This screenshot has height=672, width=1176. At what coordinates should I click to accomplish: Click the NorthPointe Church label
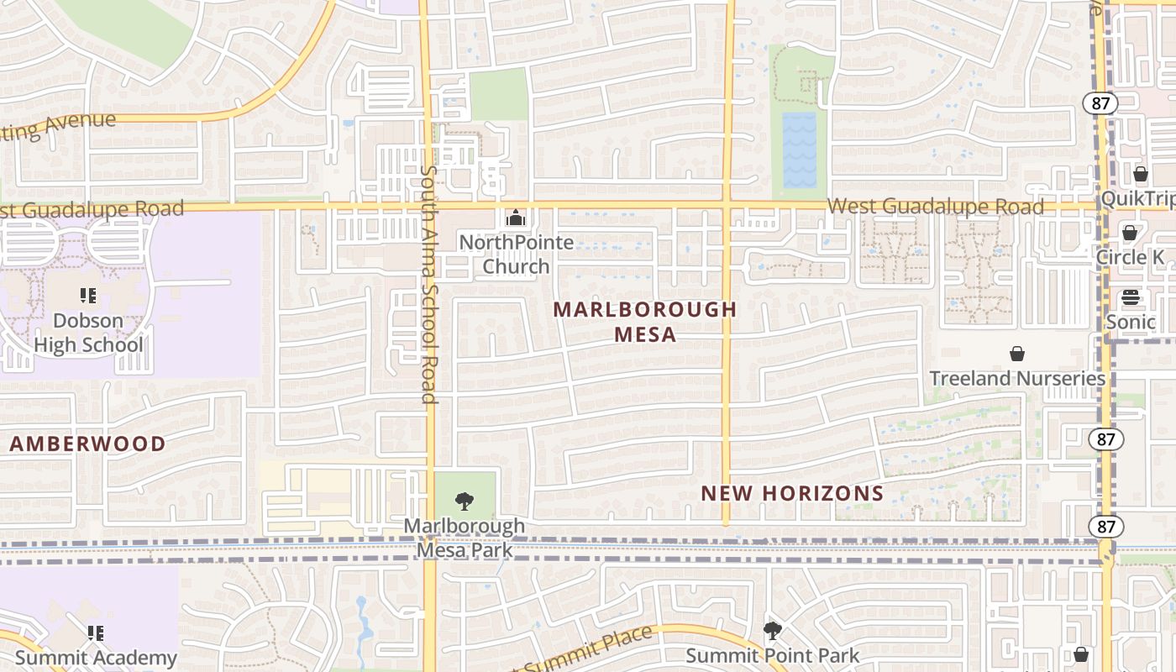(516, 255)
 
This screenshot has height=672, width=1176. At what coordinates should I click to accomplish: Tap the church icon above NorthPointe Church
(515, 218)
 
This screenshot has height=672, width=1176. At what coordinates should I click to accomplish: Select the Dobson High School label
(87, 333)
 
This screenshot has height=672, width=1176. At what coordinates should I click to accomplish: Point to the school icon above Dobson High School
(88, 296)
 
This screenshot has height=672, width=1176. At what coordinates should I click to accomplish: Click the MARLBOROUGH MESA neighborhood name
(644, 322)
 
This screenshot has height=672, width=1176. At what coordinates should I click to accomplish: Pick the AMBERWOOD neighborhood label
(87, 444)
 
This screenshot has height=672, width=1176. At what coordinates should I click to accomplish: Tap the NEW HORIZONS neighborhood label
(792, 493)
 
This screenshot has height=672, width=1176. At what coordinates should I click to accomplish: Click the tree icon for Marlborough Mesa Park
(464, 502)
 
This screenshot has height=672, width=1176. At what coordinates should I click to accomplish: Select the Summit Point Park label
(772, 656)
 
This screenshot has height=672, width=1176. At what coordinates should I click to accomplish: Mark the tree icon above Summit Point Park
(772, 629)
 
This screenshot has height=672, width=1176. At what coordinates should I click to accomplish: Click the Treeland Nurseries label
(1017, 378)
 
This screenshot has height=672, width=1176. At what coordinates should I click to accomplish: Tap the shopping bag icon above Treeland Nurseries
(1017, 354)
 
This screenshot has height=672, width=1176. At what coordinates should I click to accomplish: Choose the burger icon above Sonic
(1131, 297)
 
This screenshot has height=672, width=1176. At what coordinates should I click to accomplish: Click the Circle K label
(1130, 257)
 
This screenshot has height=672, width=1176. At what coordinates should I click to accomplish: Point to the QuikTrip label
(1137, 199)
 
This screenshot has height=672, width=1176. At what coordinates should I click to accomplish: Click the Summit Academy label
(96, 657)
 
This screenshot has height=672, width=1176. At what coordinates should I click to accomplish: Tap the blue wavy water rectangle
(799, 150)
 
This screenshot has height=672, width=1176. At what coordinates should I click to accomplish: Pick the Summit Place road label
(588, 650)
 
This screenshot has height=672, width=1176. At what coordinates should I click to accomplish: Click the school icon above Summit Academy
(96, 633)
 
